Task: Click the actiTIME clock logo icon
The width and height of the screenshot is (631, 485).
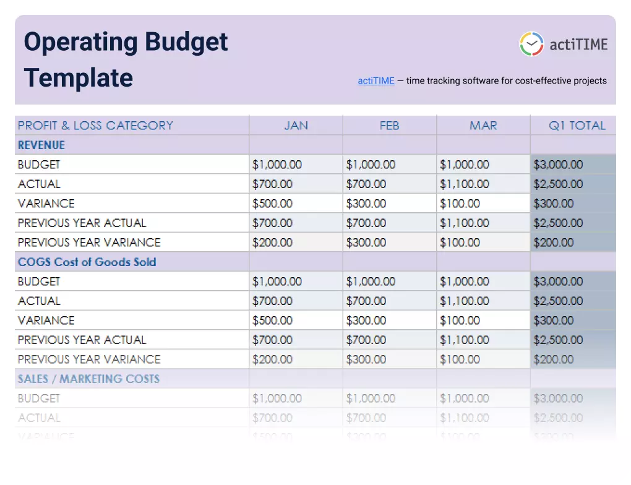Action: point(531,44)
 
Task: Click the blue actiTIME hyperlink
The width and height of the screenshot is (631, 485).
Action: point(376,81)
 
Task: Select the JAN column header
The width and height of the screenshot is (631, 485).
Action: point(296,126)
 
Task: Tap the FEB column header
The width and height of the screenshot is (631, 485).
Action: point(389,126)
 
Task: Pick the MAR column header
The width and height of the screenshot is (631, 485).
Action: point(483,126)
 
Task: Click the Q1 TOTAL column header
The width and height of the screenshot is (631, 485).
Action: point(578,126)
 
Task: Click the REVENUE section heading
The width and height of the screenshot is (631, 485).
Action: point(41,145)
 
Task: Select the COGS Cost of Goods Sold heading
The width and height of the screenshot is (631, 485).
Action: point(87,262)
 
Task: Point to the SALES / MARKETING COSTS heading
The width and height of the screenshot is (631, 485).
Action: point(88,379)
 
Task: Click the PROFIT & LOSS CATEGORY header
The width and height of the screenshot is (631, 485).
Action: point(95,126)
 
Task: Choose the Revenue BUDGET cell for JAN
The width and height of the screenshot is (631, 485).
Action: point(277,165)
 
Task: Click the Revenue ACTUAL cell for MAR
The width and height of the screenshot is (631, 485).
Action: point(464,184)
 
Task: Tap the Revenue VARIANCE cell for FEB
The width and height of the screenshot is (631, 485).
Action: point(366,204)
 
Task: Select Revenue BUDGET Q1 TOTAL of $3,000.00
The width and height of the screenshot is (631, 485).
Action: point(558,165)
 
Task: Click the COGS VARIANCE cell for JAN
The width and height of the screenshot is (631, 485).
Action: point(272,320)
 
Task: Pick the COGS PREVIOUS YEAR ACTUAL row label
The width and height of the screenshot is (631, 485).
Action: point(82,340)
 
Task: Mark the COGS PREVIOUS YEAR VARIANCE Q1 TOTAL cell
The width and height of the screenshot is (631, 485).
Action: point(554,359)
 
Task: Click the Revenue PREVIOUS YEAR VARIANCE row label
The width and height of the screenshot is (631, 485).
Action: point(89,242)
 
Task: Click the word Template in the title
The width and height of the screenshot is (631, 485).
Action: point(79,78)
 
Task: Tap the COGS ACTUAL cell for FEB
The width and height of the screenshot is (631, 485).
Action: point(366,301)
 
